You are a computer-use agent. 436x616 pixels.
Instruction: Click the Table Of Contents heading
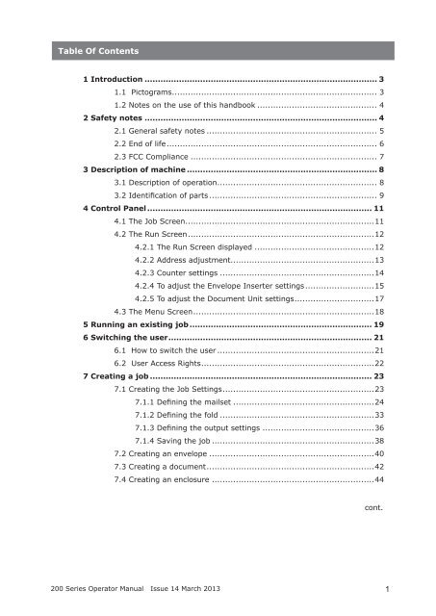[x=96, y=50]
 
